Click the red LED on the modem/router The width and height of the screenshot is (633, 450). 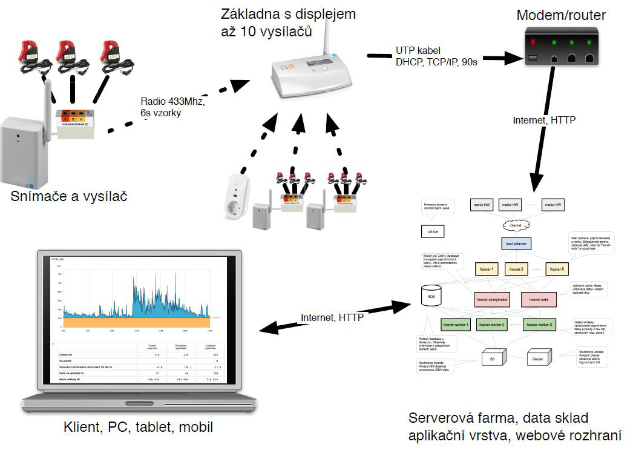[533, 42]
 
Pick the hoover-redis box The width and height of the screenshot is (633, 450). [538, 299]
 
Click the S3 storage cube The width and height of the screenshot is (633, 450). [491, 358]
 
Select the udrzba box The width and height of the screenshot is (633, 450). [433, 230]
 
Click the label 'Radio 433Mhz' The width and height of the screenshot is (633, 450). [172, 102]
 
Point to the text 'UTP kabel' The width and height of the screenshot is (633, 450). [419, 50]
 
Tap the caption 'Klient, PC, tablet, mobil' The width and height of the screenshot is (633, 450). [138, 428]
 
